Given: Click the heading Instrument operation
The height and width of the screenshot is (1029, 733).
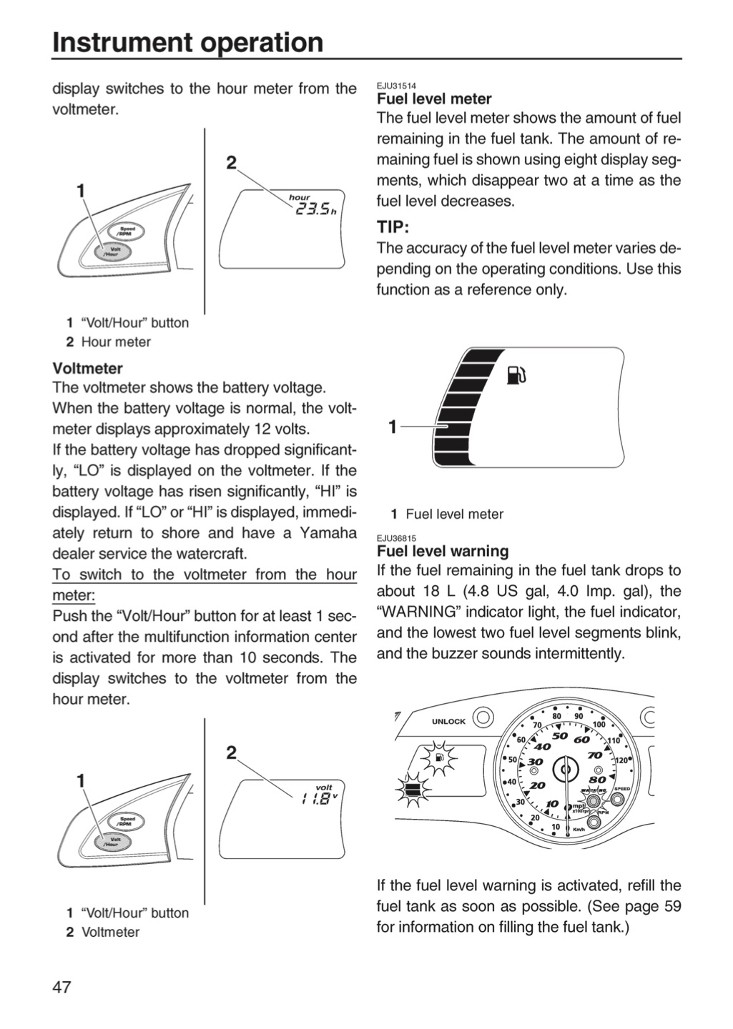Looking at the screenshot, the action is tap(188, 42).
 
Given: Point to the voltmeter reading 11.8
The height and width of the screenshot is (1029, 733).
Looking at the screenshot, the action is tap(315, 800).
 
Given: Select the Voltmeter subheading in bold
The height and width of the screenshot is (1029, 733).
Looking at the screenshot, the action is tap(88, 369).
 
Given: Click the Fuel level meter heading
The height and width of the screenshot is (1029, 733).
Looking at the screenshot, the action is tap(434, 99).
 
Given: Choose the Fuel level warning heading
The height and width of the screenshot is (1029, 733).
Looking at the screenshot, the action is tap(443, 551).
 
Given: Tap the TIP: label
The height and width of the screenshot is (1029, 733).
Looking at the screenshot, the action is tap(393, 227).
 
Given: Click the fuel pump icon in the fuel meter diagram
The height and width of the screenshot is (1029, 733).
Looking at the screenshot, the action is tap(516, 375).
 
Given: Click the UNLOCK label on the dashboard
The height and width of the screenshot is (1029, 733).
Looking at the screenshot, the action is tap(448, 722).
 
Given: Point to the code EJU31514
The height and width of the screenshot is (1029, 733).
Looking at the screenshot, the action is tap(396, 86).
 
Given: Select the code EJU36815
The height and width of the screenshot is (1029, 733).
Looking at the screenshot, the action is tap(396, 538).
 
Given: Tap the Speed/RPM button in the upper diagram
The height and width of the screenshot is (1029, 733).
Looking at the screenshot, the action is tap(127, 232).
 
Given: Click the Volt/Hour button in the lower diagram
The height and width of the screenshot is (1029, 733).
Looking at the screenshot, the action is tap(112, 842).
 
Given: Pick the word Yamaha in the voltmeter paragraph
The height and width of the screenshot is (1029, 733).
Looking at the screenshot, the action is tap(328, 533).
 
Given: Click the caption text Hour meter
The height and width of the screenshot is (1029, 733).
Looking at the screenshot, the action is tap(116, 342).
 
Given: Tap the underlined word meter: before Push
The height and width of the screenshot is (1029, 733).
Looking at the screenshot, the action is tap(74, 595).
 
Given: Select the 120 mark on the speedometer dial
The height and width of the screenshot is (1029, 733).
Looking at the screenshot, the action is tap(621, 760).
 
